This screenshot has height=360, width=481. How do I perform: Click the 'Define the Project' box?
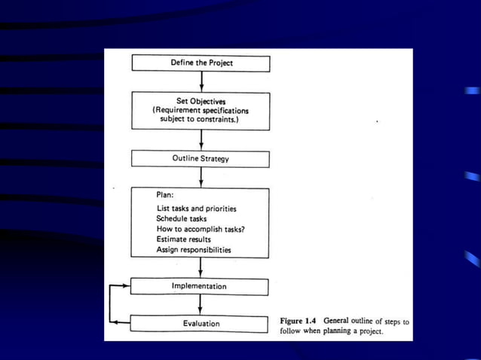(201, 63)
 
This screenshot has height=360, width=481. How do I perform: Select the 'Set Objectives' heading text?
(201, 101)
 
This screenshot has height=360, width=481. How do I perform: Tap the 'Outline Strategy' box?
(201, 159)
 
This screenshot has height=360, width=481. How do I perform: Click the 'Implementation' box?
(199, 286)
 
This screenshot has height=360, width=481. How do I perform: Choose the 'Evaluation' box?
(199, 324)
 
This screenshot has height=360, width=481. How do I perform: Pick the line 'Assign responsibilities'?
(194, 249)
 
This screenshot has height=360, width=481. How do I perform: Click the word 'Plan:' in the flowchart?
(165, 194)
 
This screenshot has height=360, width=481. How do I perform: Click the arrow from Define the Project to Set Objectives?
(201, 81)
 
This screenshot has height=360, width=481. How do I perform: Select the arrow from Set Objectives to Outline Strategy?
(201, 140)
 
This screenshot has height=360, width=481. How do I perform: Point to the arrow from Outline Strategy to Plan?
(201, 176)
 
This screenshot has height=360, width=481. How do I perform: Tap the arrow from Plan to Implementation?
(201, 267)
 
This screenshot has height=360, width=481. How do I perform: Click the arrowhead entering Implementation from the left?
(127, 286)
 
